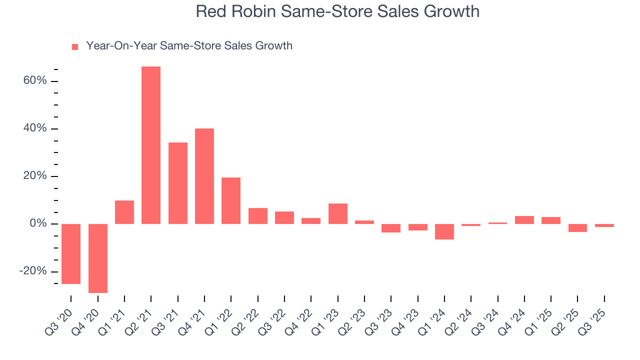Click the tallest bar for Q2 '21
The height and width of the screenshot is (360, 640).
(x=151, y=145)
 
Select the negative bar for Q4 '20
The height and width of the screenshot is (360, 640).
(x=98, y=258)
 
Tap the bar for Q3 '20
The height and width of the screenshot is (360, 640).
(x=71, y=253)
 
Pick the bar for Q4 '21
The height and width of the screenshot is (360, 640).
(x=204, y=176)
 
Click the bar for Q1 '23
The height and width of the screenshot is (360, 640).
(x=338, y=213)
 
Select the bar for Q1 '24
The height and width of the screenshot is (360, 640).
(x=444, y=231)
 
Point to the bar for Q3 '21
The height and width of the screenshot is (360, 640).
(x=178, y=183)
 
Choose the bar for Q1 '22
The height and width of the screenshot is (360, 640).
(x=231, y=200)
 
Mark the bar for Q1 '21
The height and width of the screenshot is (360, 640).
(x=124, y=212)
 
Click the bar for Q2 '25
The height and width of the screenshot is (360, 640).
(x=577, y=228)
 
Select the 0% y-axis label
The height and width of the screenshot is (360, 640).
(x=38, y=223)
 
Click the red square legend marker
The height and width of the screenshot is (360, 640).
(x=75, y=46)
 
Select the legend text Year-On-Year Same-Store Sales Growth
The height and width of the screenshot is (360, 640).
(x=189, y=46)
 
